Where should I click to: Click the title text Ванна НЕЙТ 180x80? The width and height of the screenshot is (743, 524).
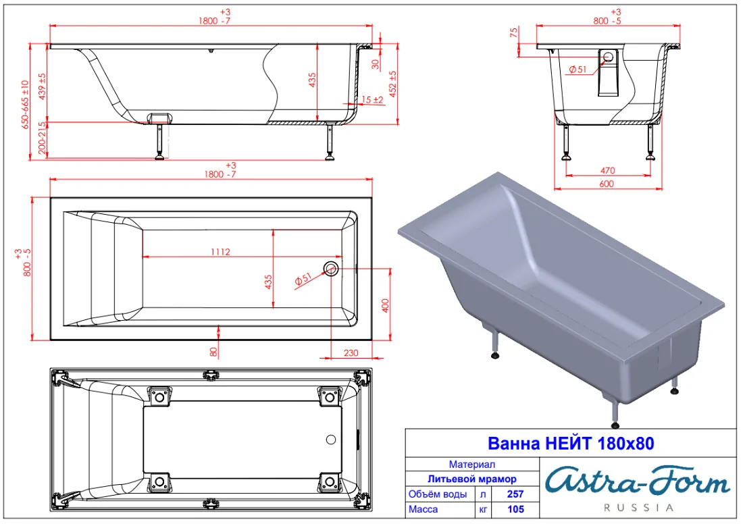tap(571, 444)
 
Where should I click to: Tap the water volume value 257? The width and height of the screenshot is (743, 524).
tap(515, 494)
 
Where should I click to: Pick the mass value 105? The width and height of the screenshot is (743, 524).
tap(515, 509)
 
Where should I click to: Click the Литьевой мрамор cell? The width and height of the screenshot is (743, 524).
tap(472, 479)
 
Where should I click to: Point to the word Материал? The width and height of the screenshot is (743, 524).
tap(472, 465)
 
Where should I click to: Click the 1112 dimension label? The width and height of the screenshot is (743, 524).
tap(220, 252)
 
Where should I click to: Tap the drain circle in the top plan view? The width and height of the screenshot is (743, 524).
tap(331, 269)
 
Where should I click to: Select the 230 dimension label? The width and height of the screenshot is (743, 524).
tap(351, 352)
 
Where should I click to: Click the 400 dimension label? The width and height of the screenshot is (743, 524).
tap(385, 306)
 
